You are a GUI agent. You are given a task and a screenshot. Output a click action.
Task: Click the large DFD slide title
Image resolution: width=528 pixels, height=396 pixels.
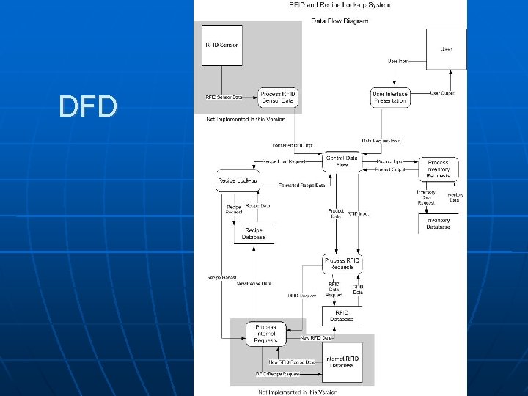click(88, 107)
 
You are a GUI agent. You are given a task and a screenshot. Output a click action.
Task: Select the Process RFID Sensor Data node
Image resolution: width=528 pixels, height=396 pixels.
click(278, 98)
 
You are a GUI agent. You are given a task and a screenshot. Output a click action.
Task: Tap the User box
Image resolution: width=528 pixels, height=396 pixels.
click(446, 49)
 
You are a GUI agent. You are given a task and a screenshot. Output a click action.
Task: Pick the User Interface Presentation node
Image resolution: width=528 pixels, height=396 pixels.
click(389, 98)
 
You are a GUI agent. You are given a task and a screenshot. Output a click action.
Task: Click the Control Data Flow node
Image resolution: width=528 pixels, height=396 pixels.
click(342, 162)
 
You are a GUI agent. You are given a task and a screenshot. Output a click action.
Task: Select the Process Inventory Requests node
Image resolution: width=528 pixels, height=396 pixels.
click(438, 168)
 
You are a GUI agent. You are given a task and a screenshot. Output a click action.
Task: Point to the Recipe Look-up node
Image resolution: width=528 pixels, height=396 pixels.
click(238, 180)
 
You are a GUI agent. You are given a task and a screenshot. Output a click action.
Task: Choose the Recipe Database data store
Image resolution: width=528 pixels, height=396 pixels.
click(253, 234)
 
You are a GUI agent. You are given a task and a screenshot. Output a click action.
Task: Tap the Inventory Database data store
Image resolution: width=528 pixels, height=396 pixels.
click(438, 224)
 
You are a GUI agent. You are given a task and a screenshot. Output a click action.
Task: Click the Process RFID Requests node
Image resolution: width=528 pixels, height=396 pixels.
click(342, 264)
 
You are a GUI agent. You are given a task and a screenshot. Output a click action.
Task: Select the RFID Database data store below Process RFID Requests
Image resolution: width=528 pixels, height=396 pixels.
click(342, 316)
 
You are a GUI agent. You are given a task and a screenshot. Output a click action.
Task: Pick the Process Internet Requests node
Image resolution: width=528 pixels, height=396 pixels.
click(265, 334)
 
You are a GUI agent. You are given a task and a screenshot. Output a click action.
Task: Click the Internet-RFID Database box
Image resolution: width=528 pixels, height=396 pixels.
click(342, 362)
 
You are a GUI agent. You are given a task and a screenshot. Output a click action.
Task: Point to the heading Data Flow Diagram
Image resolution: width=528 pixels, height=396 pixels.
click(340, 21)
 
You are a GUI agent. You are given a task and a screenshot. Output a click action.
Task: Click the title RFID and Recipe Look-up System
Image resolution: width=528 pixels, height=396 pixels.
click(340, 5)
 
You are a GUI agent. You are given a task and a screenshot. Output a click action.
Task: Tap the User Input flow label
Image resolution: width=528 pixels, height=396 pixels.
click(399, 62)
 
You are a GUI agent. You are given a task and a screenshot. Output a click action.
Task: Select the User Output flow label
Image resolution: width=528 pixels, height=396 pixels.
click(442, 93)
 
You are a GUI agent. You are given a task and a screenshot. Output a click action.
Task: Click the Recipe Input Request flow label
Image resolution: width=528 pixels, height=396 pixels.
click(284, 162)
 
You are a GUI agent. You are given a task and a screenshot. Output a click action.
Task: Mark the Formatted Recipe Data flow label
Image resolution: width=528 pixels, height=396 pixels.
click(303, 186)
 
